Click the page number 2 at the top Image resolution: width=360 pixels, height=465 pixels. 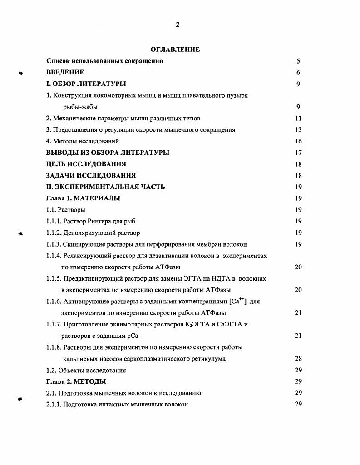tap(178, 25)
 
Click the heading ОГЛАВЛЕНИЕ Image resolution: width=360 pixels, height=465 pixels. tap(175, 49)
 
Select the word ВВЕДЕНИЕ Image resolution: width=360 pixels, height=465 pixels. tap(65, 72)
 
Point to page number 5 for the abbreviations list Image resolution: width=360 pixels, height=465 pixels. tap(298, 61)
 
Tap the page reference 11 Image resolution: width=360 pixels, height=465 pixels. tap(298, 119)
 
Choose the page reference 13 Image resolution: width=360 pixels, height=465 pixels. tap(298, 130)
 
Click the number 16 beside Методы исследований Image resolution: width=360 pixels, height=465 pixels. tap(298, 141)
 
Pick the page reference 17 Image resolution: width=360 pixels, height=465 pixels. tap(298, 153)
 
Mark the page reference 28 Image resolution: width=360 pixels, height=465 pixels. tap(298, 359)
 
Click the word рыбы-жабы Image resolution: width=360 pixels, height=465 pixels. tap(80, 107)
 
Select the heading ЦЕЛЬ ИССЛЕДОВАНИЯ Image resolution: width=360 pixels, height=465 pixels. tap(86, 164)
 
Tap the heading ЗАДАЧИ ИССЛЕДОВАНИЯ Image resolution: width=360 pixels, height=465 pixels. tap(91, 175)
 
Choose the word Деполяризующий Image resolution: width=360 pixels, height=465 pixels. tap(94, 232)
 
